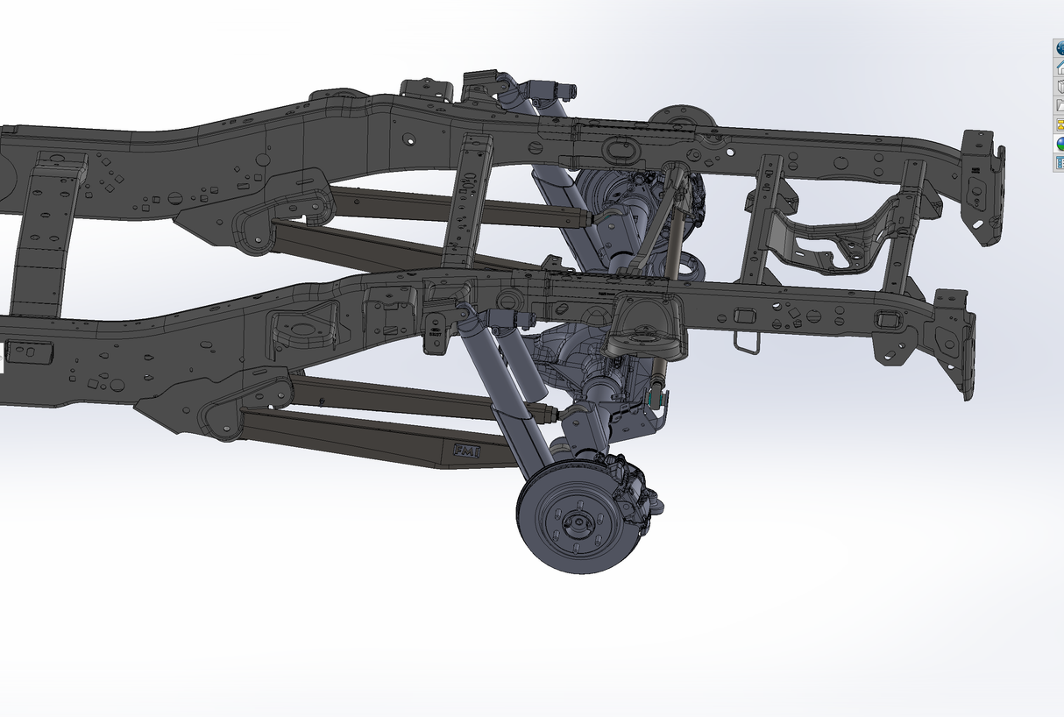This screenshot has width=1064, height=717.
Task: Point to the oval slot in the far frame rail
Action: [621, 151]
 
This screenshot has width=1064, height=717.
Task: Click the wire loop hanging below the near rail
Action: [747, 342]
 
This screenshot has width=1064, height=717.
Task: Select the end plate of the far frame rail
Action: [982, 184]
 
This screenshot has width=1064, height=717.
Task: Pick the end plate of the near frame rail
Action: [954, 342]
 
